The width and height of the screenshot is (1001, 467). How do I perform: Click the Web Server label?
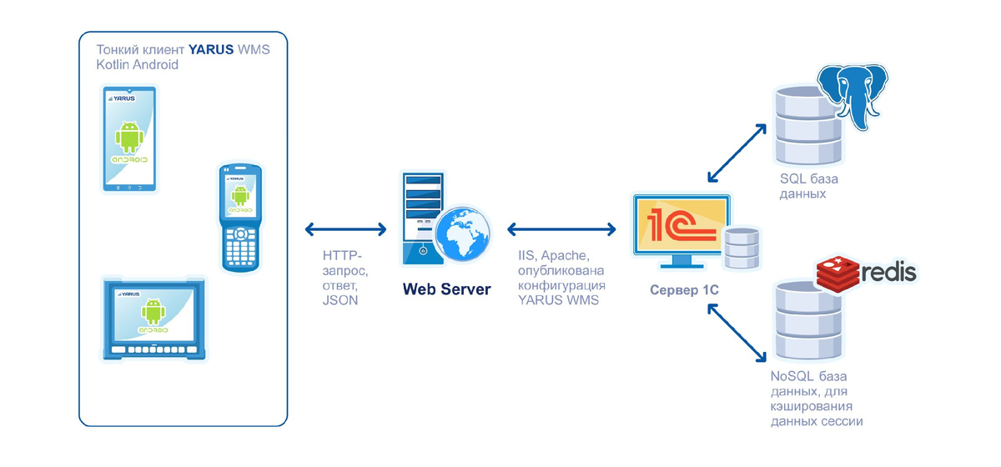(x=446, y=289)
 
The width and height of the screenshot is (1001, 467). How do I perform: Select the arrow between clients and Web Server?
(x=345, y=228)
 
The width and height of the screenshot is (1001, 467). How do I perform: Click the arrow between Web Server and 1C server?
(x=561, y=228)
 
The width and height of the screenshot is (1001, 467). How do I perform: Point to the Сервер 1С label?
(x=684, y=290)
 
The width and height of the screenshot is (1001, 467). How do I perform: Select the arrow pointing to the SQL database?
(x=737, y=153)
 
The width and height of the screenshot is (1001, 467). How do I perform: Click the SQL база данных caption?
(x=808, y=187)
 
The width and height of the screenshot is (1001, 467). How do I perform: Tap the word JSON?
(x=340, y=301)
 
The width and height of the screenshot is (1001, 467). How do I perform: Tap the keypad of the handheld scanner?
(x=240, y=244)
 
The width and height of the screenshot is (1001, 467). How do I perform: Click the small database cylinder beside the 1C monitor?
(x=742, y=247)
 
